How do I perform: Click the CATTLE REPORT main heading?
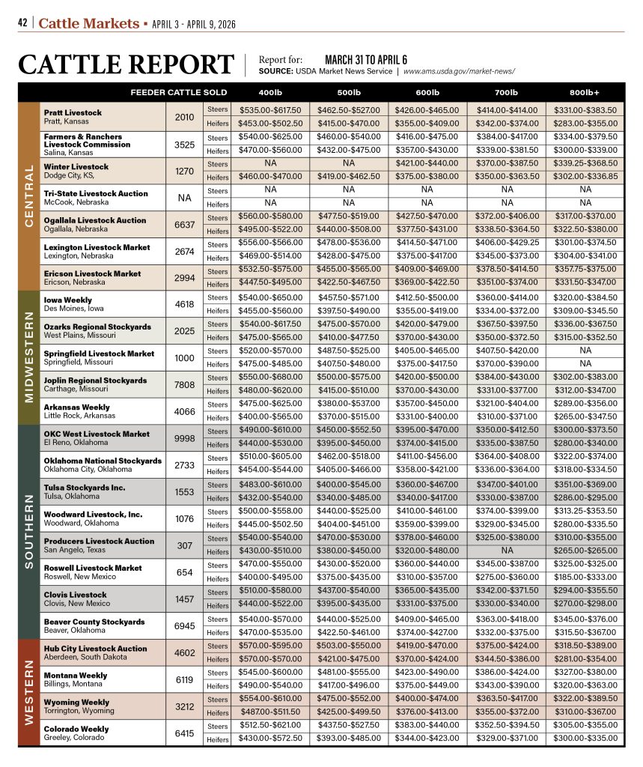pos(127,64)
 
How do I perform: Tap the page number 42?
pos(23,23)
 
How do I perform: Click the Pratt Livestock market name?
pos(73,112)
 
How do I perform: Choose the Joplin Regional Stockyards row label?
pos(95,380)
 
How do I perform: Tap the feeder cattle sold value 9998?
pos(183,438)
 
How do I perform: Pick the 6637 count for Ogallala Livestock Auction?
pos(183,224)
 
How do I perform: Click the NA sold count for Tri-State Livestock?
pos(183,197)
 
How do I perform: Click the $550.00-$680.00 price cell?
pos(270,378)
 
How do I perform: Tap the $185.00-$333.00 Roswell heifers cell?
pos(584,578)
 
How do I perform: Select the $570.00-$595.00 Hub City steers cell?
pos(270,646)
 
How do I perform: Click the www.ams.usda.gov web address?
pos(459,71)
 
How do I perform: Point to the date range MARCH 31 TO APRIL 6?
pos(365,59)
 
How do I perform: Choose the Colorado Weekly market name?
pos(76,729)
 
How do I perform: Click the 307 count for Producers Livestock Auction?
pos(183,545)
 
